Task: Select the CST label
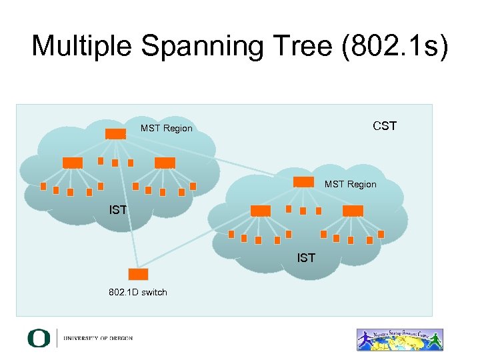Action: click(385, 126)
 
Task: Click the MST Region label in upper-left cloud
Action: click(166, 128)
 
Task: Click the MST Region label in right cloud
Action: click(350, 184)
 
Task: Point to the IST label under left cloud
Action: click(118, 211)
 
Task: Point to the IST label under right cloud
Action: click(306, 257)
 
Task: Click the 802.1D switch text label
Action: click(138, 292)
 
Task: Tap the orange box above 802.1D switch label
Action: click(138, 274)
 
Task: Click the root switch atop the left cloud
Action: click(115, 133)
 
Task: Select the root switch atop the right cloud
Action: click(303, 181)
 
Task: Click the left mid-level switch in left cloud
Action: click(73, 163)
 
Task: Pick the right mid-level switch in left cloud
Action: click(165, 163)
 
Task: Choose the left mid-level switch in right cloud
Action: click(261, 211)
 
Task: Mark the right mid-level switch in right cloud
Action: click(353, 211)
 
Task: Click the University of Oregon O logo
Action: click(39, 338)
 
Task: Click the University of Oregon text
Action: click(98, 339)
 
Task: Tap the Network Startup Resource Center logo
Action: click(400, 339)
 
